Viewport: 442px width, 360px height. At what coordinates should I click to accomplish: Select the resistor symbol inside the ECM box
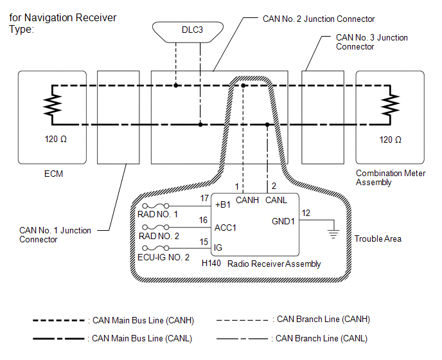(51, 104)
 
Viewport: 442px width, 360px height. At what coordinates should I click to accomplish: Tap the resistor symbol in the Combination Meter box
(389, 104)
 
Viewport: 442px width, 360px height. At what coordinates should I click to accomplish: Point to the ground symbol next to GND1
(333, 233)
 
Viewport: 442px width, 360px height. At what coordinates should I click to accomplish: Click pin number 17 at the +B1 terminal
(204, 198)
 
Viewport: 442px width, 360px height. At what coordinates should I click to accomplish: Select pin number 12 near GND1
(306, 213)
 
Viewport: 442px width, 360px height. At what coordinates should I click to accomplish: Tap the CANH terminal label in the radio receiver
(247, 201)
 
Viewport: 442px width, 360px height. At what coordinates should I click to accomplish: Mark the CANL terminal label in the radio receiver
(276, 201)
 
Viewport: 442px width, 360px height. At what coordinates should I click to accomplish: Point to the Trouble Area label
(378, 239)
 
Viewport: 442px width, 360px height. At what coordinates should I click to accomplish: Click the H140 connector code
(212, 264)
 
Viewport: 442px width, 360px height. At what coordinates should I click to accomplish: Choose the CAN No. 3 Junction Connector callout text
(371, 42)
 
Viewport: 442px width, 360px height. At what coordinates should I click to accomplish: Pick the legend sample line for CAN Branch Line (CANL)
(243, 338)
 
